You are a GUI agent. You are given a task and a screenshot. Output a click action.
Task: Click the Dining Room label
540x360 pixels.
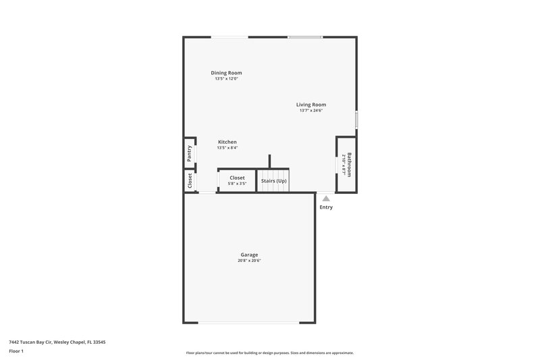pyautogui.click(x=226, y=73)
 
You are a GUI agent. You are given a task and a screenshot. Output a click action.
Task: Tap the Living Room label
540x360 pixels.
pyautogui.click(x=311, y=105)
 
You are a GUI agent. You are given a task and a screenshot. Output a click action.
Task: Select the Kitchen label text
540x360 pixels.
pyautogui.click(x=227, y=142)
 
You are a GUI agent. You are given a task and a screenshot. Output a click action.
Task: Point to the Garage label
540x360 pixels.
pyautogui.click(x=249, y=255)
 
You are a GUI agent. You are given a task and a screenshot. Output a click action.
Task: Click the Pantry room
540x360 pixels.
pyautogui.click(x=190, y=154)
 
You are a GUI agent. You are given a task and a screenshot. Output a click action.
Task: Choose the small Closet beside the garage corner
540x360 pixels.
pyautogui.click(x=190, y=180)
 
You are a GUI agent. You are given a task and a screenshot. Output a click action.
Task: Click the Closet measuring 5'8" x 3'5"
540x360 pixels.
pyautogui.click(x=237, y=180)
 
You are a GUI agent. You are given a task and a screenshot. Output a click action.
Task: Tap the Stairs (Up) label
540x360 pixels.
pyautogui.click(x=274, y=181)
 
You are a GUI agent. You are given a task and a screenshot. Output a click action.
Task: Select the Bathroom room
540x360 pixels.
pyautogui.click(x=347, y=165)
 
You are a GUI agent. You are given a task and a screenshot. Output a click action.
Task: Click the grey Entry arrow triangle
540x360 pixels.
pyautogui.click(x=326, y=199)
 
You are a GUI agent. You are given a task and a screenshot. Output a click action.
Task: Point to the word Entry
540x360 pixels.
pyautogui.click(x=326, y=207)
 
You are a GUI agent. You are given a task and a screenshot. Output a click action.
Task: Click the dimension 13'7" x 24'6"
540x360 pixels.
pyautogui.click(x=311, y=111)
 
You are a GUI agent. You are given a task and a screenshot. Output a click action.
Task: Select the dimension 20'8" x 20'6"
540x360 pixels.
pyautogui.click(x=249, y=261)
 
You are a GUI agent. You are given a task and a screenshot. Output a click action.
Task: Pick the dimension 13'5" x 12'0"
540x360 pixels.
pyautogui.click(x=226, y=79)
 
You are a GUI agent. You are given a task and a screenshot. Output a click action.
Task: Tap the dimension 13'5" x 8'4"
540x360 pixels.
pyautogui.click(x=227, y=148)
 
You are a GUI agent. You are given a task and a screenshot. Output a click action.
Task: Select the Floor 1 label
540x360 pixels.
pyautogui.click(x=16, y=351)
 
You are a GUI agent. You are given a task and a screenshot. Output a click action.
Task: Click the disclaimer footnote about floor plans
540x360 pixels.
pyautogui.click(x=269, y=353)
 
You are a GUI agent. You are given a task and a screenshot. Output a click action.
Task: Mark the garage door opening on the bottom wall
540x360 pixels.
pyautogui.click(x=248, y=322)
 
